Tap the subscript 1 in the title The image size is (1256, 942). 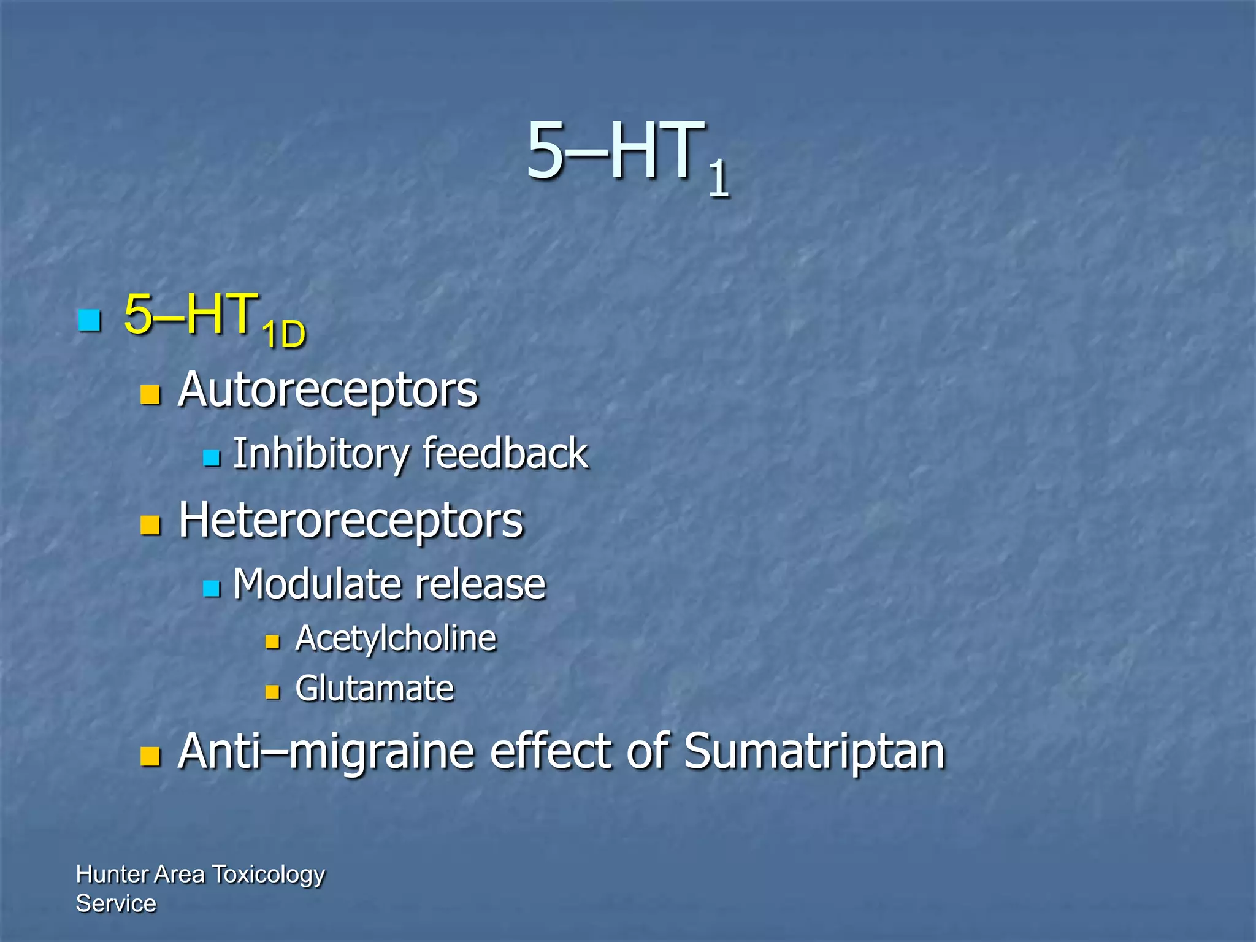click(x=718, y=178)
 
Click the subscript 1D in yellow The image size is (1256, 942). click(x=283, y=335)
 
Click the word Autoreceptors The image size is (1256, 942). click(x=327, y=390)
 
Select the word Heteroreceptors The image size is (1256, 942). click(x=351, y=521)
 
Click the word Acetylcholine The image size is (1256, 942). click(x=396, y=639)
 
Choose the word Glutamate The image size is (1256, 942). click(x=374, y=689)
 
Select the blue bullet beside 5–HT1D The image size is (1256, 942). click(x=90, y=320)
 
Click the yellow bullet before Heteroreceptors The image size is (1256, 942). click(x=150, y=525)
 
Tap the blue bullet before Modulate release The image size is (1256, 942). click(x=212, y=589)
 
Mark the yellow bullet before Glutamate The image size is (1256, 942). click(x=272, y=692)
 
